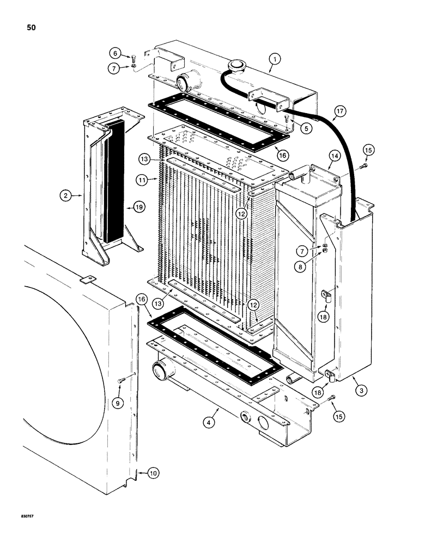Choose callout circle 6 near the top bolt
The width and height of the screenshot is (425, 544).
point(116,54)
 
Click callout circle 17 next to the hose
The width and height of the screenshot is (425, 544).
point(339,112)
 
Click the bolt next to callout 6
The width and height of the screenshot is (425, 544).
point(132,57)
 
